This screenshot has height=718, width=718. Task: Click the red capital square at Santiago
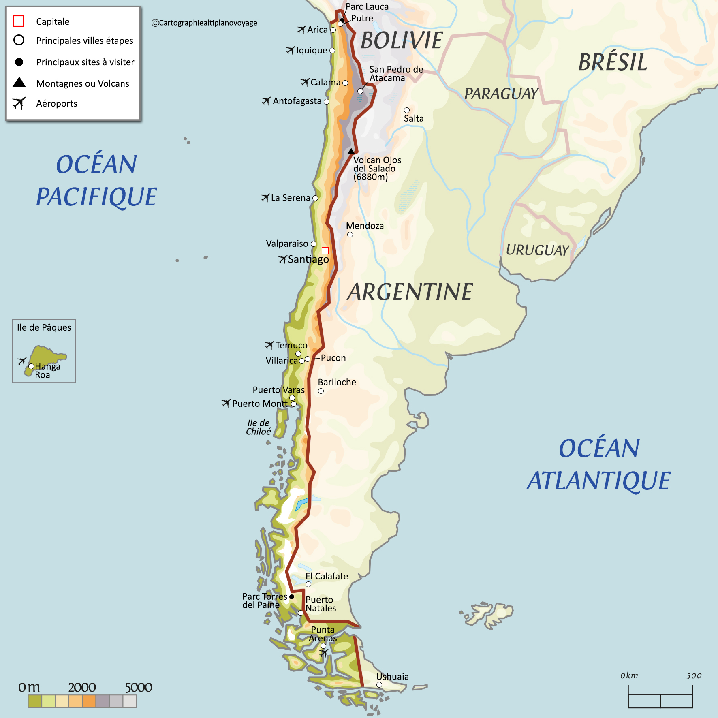pos(325,250)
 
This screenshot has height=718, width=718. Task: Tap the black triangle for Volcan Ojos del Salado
pos(351,151)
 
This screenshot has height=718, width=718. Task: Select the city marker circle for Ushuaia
pos(379,685)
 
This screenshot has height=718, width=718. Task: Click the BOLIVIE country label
pos(402,41)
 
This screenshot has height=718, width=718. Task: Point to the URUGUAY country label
pos(537,250)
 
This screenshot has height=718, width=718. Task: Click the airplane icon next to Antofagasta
pos(266,100)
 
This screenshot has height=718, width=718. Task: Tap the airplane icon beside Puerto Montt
pos(226,403)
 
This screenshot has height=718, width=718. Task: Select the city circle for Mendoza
pos(350,235)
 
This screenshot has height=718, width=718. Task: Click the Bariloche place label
pos(337,382)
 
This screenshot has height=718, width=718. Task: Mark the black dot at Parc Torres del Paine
pos(292,597)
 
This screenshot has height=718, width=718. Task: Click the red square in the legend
pos(19,21)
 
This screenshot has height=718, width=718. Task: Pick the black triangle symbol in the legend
pos(19,83)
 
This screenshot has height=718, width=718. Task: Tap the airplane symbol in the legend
pos(19,103)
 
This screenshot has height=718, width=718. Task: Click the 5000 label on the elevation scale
pos(138,687)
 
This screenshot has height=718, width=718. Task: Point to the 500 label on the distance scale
pos(694,675)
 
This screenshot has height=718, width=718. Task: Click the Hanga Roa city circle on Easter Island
pos(31,366)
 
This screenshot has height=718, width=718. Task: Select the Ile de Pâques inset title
pos(44,327)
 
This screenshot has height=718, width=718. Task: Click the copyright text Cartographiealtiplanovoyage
pos(205,23)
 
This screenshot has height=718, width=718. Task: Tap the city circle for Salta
pos(407,110)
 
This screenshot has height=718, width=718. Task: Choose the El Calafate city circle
pos(308,584)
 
